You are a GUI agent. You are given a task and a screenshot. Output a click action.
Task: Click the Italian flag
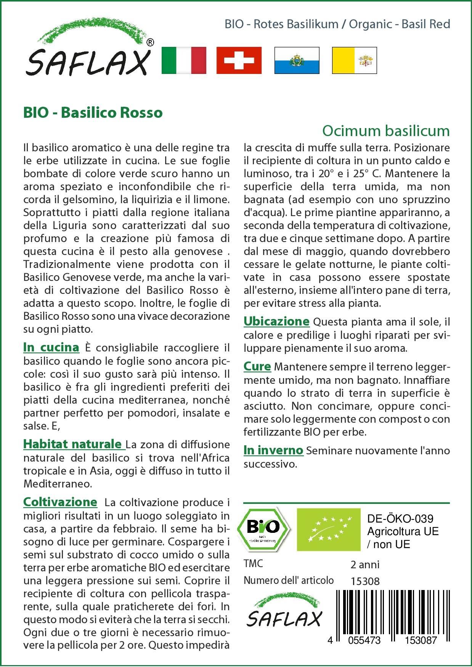tap(184, 60)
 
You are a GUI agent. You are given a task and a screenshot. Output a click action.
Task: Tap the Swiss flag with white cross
tap(239, 60)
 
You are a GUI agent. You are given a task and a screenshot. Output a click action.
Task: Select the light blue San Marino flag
tap(297, 60)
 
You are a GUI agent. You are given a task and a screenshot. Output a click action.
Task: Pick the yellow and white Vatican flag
tap(354, 60)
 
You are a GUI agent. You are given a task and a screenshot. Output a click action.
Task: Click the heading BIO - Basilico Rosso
tap(93, 112)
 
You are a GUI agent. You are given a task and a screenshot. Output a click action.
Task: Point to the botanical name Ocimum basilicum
tap(386, 131)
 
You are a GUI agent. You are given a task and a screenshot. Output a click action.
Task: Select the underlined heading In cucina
tap(51, 347)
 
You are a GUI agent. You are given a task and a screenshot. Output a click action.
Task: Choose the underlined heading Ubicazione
tap(276, 321)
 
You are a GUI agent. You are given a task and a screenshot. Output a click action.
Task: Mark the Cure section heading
tap(257, 367)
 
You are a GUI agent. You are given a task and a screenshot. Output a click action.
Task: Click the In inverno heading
tap(273, 450)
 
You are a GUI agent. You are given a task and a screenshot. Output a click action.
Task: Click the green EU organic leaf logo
tap(329, 529)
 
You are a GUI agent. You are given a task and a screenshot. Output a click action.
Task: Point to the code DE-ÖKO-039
tap(400, 519)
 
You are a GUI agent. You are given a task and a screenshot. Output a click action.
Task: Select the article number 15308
tap(365, 581)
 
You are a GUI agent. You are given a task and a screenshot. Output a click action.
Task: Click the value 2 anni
tap(365, 564)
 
